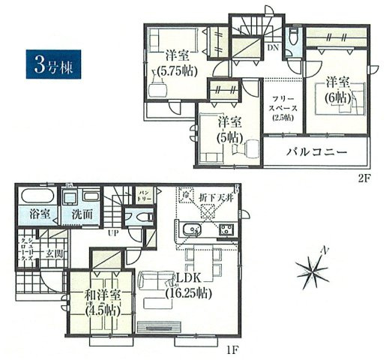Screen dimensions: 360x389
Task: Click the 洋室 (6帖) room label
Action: (x=337, y=89)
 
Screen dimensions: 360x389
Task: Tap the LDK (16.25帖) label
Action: (x=188, y=286)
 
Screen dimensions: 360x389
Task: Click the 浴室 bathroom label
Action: (x=40, y=214)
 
